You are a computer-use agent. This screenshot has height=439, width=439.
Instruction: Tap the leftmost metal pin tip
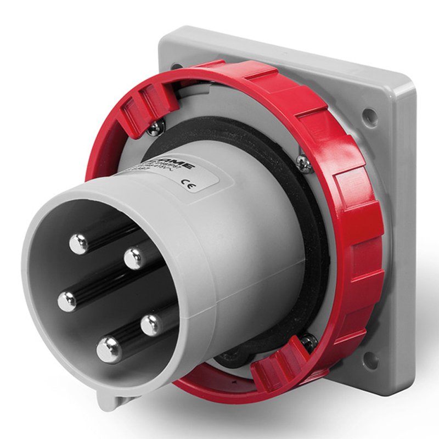pos(67,301)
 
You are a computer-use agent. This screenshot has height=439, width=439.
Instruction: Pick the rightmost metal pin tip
pos(152,325)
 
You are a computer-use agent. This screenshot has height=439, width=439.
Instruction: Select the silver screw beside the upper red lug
pos(156,127)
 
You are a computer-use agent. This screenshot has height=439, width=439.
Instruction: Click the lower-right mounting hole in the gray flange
pos(371,359)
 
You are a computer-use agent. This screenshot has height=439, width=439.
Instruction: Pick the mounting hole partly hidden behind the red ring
pos(177,67)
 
